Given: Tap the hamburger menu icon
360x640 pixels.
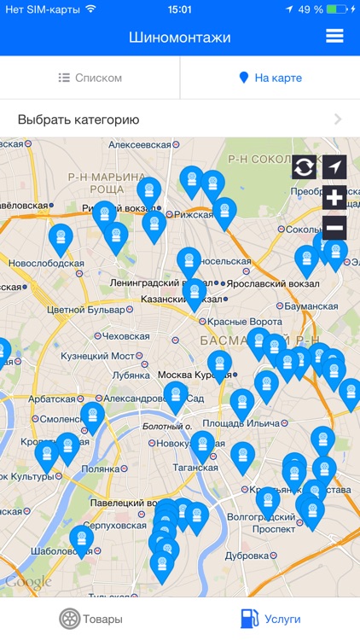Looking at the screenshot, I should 334,36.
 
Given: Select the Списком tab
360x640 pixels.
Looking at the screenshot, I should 90,78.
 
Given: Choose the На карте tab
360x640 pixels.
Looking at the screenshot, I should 270,78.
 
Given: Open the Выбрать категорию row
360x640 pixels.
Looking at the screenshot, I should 180,119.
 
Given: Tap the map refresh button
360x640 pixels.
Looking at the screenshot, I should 304,168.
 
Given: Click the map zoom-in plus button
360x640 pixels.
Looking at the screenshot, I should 334,198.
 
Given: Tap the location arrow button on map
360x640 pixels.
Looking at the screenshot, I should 334,168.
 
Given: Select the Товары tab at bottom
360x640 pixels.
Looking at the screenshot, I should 90,619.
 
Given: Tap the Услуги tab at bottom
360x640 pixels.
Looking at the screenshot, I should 270,619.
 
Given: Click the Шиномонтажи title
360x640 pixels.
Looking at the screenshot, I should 180,37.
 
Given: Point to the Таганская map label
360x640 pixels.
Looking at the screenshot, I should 195,468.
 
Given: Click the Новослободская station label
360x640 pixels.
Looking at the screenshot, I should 45,264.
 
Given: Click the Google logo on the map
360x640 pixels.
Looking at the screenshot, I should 28,581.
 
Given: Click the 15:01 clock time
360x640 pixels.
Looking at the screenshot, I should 180,9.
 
